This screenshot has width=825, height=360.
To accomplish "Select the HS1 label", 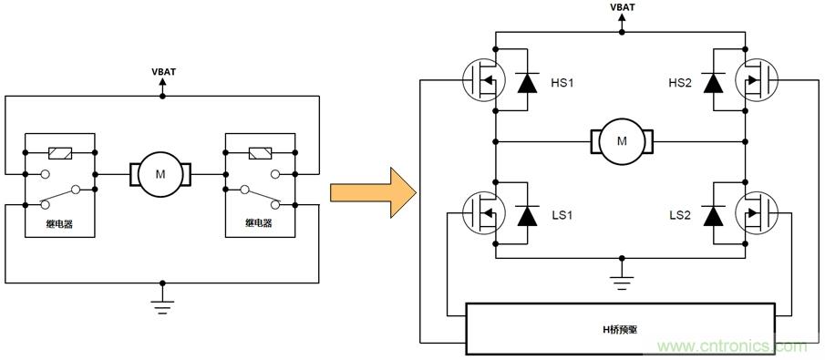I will pos(563,83).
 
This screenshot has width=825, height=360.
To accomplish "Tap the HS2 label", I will pos(680,83).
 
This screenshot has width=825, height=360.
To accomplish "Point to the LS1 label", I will pos(563,216).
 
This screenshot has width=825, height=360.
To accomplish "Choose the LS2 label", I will pos(680,216).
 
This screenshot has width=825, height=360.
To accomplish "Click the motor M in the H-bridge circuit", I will pos(622,141).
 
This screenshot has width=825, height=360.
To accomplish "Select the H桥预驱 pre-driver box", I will pos(621,328).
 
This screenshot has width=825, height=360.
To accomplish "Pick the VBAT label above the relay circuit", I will pos(162,70).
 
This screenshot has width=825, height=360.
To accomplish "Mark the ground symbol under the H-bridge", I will pos(622,279).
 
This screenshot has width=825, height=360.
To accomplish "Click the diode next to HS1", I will pos(527,83).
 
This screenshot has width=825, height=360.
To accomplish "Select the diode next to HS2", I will pos(717,83).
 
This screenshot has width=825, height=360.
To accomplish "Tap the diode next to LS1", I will pos(527,216).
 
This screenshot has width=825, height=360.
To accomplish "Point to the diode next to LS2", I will pos(717,216).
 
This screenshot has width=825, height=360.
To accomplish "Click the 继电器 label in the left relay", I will pos(60,222).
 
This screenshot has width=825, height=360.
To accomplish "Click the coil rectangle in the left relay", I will pos(60,152).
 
